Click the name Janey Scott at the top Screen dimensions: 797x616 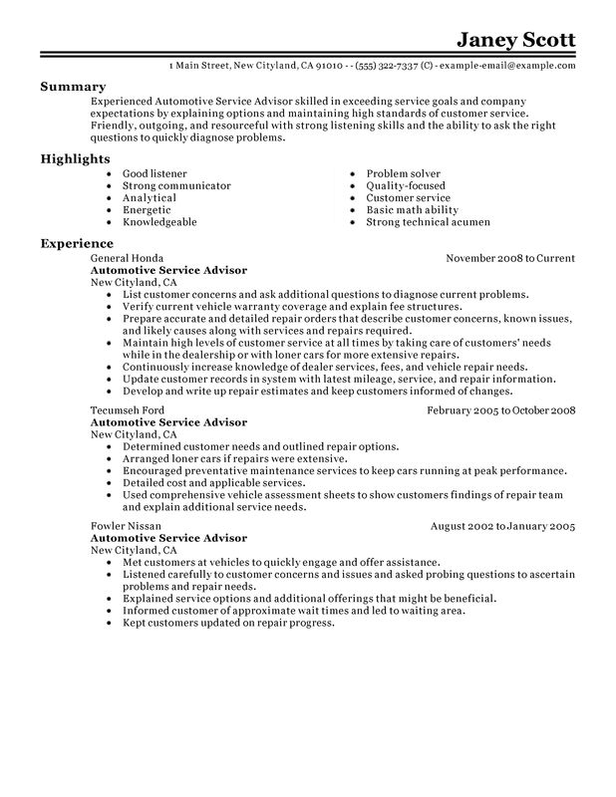tap(514, 41)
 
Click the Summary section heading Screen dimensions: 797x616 tap(73, 88)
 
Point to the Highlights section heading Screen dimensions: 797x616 tap(76, 159)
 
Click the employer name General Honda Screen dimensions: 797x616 tap(126, 258)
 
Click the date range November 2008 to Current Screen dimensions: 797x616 tap(509, 258)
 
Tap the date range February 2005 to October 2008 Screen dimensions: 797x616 tap(500, 383)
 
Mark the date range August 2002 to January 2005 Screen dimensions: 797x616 tap(503, 525)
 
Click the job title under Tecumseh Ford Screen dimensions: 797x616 tap(169, 395)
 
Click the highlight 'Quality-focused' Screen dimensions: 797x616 tap(405, 185)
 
